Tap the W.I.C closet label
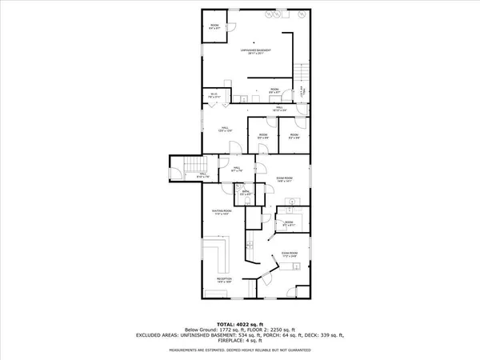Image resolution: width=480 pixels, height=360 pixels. [214, 97]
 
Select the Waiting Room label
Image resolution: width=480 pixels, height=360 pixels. [221, 213]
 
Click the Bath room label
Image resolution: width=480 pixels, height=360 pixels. [247, 193]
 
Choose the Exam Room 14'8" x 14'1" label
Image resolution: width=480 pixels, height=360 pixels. [285, 180]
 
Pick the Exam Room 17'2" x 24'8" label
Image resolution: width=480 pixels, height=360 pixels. [290, 257]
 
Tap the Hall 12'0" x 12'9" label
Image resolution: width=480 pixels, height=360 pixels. [225, 130]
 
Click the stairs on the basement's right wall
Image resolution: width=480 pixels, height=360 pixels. [302, 76]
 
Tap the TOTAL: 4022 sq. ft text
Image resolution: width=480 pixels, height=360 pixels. [240, 323]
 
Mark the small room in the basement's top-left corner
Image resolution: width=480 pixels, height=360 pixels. [215, 29]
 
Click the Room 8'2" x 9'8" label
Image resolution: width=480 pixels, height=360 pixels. [294, 136]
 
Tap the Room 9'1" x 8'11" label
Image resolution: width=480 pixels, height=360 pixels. [289, 224]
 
